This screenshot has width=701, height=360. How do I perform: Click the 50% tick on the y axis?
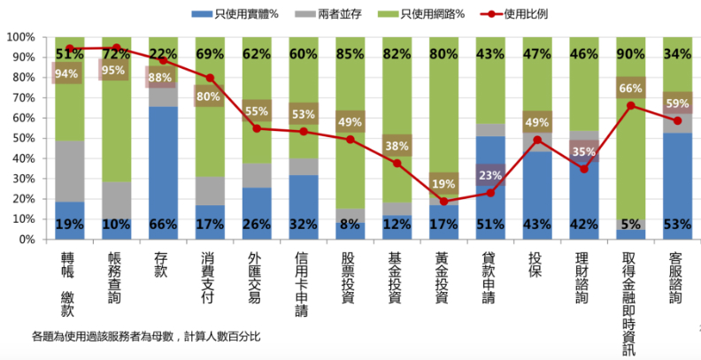22,139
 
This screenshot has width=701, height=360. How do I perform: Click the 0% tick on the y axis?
26,240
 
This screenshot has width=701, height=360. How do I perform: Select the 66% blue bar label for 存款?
163,225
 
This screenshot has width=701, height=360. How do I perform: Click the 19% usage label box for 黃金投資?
443,184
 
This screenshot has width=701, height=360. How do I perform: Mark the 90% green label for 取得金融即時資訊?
629,55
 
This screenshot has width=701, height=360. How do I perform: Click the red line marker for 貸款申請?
490,193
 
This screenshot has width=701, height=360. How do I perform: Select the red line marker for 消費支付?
210,78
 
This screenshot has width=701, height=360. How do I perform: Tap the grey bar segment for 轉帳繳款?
69,171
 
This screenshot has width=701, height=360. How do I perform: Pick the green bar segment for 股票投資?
350,124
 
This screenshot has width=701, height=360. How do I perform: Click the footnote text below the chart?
146,336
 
